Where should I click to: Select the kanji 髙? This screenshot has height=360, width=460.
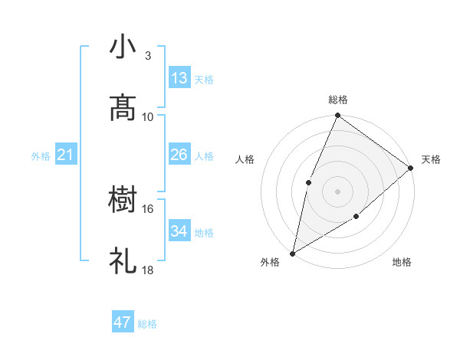(123, 108)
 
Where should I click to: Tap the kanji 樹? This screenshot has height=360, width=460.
(123, 201)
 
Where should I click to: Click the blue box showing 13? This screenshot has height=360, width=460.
(179, 78)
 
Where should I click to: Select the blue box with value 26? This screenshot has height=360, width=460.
(179, 155)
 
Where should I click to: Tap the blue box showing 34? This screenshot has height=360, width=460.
(179, 231)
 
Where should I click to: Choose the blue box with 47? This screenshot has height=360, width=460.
(123, 322)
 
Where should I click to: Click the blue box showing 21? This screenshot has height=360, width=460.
(66, 155)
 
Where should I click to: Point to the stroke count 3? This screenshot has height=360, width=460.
(148, 56)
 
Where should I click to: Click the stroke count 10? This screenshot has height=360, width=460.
(148, 116)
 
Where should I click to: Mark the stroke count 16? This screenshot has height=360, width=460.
(148, 208)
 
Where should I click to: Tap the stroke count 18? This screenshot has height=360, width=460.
(148, 270)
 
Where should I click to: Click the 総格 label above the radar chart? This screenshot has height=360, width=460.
(338, 100)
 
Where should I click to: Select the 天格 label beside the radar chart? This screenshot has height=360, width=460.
(431, 159)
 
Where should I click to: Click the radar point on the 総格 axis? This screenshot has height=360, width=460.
(337, 116)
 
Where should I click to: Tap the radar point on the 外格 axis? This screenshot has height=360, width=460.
(292, 253)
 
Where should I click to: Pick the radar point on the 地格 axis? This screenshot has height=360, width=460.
(356, 217)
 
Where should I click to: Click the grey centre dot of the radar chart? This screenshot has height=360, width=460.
(337, 191)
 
